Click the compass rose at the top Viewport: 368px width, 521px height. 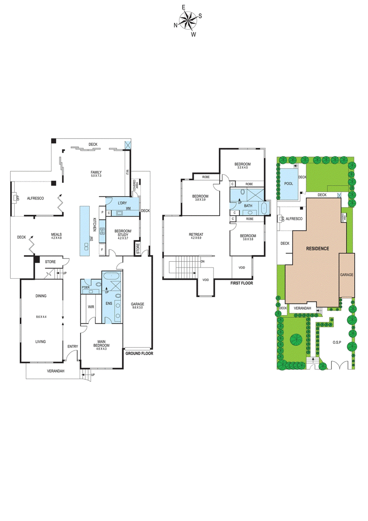[188, 21]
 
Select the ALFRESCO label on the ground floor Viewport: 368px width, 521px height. [35, 198]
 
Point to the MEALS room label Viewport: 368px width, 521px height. [57, 234]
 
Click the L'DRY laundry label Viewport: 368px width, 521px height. [122, 204]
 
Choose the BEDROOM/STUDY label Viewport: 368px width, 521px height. [123, 233]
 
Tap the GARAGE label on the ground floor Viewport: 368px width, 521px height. [138, 304]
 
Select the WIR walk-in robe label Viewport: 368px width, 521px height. [91, 306]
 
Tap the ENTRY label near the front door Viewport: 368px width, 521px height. [73, 346]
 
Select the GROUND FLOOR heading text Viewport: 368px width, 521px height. [139, 354]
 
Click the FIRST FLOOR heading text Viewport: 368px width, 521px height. [241, 283]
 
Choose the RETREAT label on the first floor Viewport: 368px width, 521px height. [195, 234]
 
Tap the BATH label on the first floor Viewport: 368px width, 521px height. [248, 206]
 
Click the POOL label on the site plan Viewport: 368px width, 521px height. [288, 183]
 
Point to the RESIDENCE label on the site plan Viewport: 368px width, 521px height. [318, 248]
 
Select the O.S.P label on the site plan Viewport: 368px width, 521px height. [339, 343]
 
